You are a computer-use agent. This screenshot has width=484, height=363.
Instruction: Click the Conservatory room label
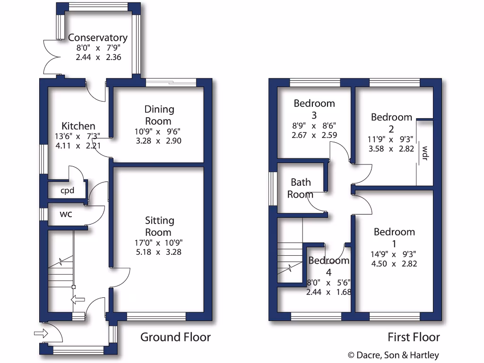pos(97,37)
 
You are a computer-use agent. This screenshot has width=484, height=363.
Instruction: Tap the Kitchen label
pos(78,126)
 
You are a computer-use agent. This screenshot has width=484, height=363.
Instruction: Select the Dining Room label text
pos(159,115)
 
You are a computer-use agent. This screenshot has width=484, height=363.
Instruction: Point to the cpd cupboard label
pos(67,191)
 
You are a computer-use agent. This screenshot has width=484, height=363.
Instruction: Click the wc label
pos(66,214)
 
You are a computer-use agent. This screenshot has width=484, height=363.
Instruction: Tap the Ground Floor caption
pos(175,337)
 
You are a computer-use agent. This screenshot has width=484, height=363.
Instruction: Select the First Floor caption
pos(414,337)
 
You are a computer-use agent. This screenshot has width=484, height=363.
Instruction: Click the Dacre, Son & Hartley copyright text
pos(393,355)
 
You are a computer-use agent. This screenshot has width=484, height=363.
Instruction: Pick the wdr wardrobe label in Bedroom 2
pos(424,153)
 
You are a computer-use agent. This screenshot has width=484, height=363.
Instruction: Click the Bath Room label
pos(302,188)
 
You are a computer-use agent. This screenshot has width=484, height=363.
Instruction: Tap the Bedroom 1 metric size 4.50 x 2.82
pos(394,264)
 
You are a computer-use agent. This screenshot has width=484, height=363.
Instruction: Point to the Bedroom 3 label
pos(314,109)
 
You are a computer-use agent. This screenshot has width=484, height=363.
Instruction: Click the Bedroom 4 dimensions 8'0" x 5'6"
pos(328,283)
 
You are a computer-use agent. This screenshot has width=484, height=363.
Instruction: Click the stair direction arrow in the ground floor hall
pos(77,299)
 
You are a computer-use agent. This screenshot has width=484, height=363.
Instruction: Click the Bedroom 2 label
pos(391,123)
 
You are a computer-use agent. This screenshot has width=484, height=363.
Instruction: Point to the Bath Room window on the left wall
pos(272,188)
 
